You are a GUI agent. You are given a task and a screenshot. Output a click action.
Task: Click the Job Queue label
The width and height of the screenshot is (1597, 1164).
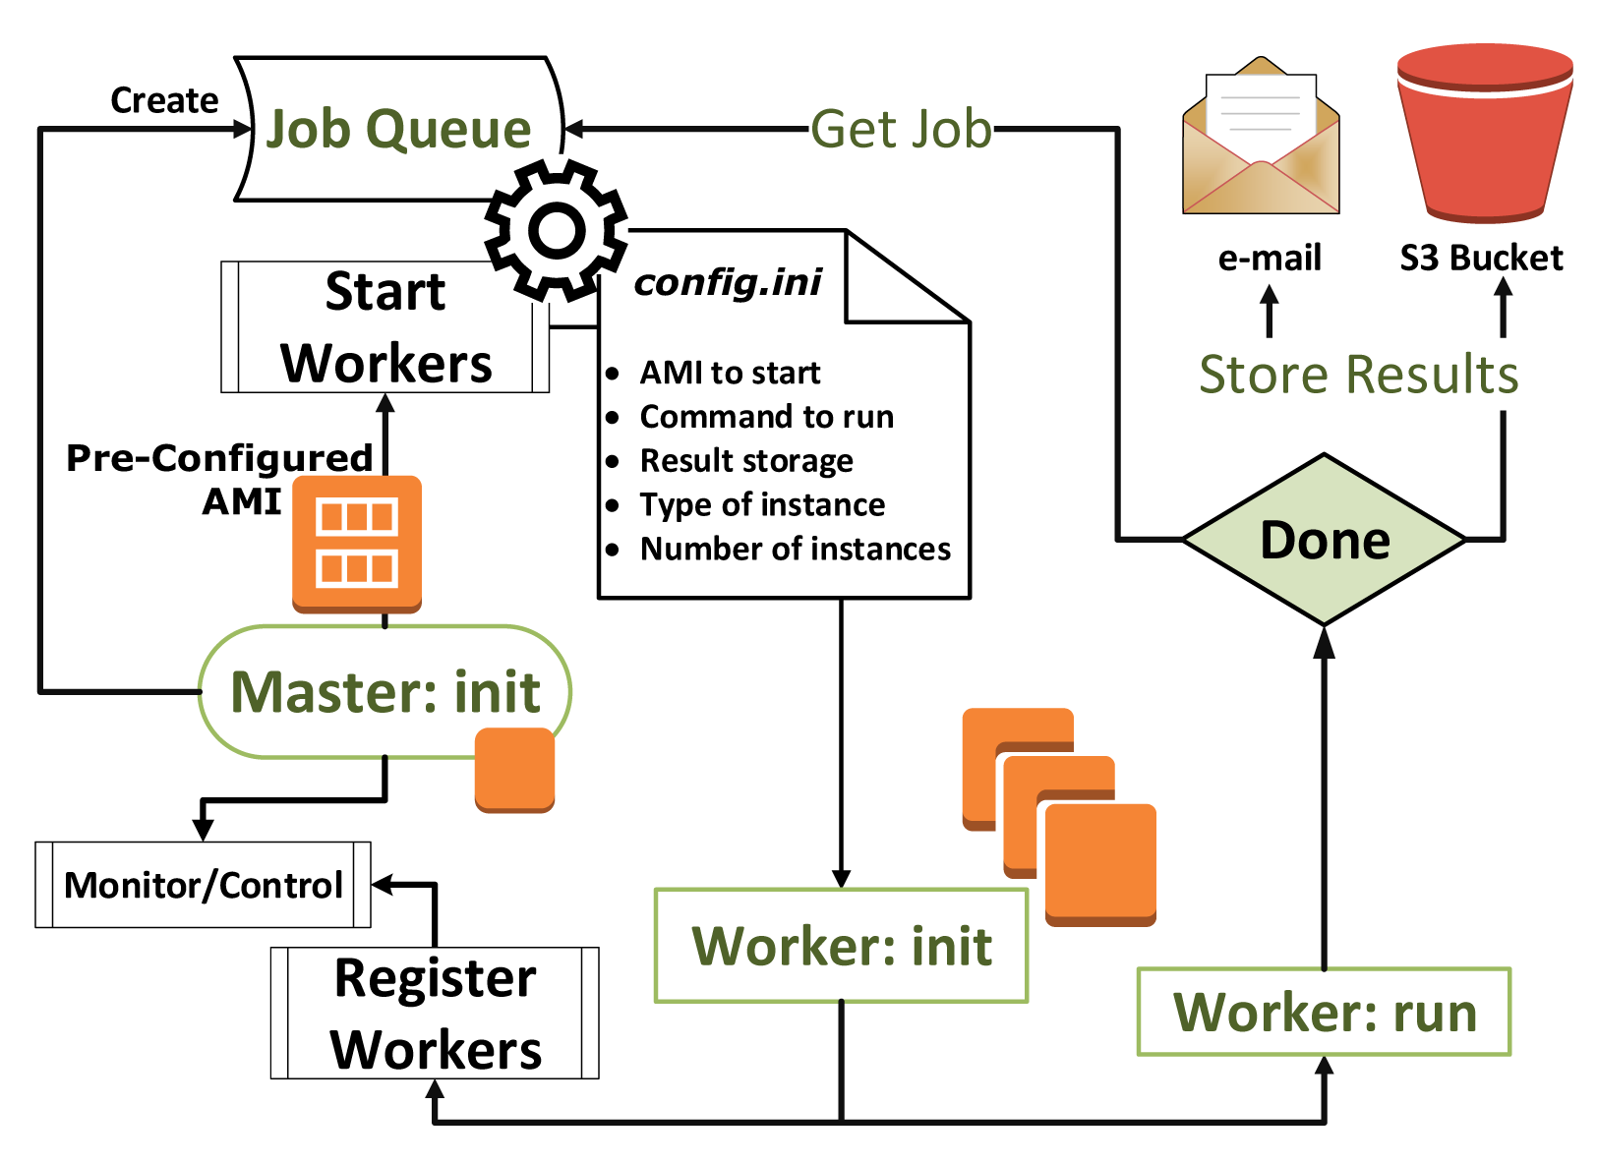(x=398, y=129)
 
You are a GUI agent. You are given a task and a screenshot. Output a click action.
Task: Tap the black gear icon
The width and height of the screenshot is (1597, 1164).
(x=557, y=231)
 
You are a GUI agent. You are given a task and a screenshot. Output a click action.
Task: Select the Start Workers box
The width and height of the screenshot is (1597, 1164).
(x=385, y=327)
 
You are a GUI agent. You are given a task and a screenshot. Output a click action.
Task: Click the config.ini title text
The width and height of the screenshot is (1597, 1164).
(x=728, y=282)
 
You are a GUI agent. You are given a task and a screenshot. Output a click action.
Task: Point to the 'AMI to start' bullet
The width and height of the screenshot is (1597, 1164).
(x=730, y=373)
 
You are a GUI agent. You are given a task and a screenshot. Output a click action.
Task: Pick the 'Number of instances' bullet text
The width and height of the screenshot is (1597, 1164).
(x=795, y=549)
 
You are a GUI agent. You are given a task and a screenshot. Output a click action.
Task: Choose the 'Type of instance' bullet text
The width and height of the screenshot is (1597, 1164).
(x=762, y=504)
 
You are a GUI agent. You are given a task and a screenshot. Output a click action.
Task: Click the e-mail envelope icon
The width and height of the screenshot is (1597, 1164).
(x=1261, y=138)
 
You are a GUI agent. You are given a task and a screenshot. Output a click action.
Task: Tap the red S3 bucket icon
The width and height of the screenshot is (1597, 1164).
(x=1484, y=133)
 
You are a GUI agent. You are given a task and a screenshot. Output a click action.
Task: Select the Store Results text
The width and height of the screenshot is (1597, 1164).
(x=1358, y=375)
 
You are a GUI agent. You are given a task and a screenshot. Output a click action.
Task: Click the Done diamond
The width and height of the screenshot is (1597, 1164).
(x=1325, y=540)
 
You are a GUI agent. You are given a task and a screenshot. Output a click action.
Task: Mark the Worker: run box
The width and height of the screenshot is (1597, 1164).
(x=1324, y=1012)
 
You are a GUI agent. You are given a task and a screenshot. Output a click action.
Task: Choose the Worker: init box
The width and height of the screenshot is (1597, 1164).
(x=842, y=946)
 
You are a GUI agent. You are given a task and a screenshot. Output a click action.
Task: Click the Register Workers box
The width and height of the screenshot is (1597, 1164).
(x=435, y=1014)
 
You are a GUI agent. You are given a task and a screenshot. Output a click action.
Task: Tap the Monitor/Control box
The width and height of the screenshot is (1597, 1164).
(x=204, y=885)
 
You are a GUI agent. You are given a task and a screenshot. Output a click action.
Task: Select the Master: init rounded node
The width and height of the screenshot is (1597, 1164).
(x=384, y=692)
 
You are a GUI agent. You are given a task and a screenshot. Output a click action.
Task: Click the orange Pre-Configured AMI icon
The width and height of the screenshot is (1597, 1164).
(x=357, y=544)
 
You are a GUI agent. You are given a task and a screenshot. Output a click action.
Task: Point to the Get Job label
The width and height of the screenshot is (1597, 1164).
(x=901, y=129)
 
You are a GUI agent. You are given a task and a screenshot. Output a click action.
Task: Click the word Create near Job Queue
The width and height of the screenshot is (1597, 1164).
(x=164, y=100)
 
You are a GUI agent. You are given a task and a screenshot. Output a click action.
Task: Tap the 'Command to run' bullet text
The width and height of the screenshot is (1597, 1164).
(x=766, y=417)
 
